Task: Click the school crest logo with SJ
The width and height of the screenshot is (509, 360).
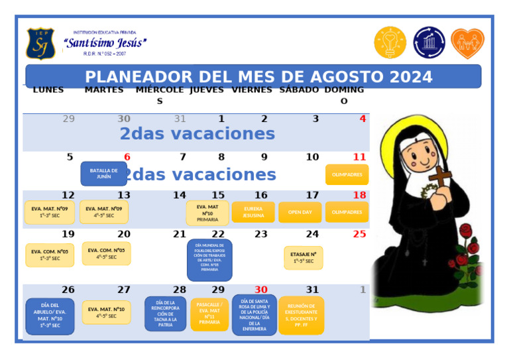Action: tap(40, 43)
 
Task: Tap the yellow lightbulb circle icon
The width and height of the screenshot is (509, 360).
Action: tap(390, 42)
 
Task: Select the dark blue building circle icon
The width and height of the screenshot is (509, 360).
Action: tap(429, 42)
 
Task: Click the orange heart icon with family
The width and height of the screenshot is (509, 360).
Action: tap(467, 43)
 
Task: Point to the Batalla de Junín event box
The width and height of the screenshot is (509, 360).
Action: tap(103, 174)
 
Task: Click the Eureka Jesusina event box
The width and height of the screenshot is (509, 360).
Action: tap(253, 212)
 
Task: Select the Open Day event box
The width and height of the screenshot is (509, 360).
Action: tap(300, 212)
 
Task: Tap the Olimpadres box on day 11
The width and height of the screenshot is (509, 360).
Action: tap(347, 174)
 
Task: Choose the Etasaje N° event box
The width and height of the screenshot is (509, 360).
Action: tap(304, 257)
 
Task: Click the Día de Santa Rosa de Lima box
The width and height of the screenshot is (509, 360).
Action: tap(254, 314)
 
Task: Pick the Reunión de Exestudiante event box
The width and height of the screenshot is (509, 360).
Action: tap(301, 316)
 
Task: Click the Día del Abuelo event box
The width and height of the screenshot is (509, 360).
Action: tap(50, 316)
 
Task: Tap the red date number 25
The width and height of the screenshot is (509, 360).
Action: tap(359, 234)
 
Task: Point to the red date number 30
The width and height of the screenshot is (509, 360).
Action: tap(261, 290)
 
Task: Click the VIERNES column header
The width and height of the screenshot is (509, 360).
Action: tap(252, 90)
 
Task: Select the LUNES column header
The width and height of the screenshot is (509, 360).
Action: tap(48, 90)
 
